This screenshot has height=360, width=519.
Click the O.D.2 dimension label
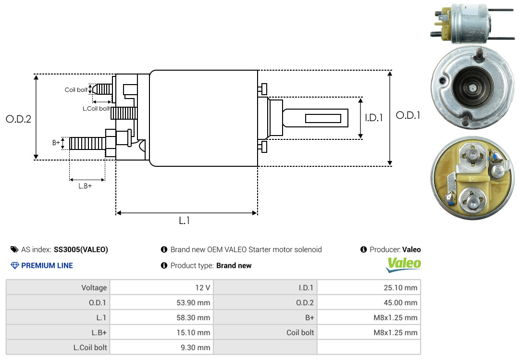tap(19, 119)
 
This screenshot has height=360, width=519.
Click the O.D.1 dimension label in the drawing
tap(408, 115)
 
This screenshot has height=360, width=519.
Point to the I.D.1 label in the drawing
tap(374, 118)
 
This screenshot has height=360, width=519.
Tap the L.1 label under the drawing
tap(185, 221)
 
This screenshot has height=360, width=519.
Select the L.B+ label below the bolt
tap(85, 186)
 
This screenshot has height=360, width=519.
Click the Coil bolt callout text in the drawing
tap(76, 90)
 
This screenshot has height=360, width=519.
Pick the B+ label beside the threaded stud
tap(56, 142)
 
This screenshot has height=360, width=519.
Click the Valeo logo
tap(404, 265)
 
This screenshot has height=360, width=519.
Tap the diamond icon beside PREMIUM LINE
tap(15, 265)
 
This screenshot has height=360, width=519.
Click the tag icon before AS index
tap(14, 249)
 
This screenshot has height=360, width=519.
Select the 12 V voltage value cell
tap(161, 287)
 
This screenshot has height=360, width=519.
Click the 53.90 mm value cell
tap(161, 302)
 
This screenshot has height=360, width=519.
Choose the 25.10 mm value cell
tap(369, 287)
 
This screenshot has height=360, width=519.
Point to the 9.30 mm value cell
tap(161, 348)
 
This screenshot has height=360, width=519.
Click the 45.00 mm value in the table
tap(400, 303)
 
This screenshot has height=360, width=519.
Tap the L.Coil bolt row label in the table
tap(90, 348)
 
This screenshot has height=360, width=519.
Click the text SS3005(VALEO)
tap(81, 249)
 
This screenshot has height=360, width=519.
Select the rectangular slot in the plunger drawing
tap(323, 118)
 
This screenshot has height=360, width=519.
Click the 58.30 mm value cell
tap(161, 318)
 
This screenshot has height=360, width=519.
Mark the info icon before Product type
tap(164, 265)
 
